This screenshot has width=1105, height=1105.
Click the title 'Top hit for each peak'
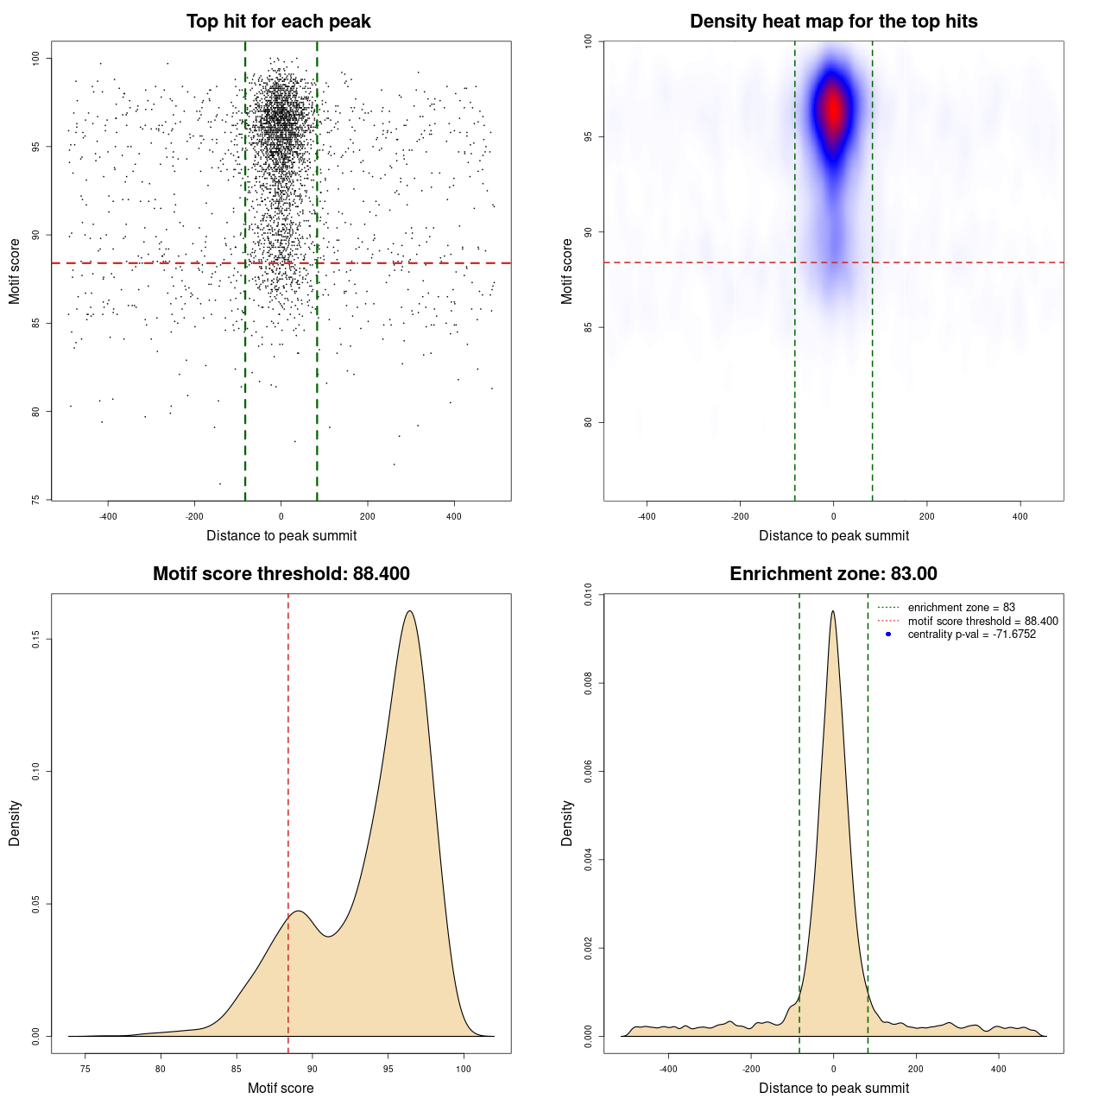(278, 22)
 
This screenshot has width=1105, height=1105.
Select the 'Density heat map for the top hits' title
(833, 22)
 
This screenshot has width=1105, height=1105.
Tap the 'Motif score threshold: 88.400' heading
(281, 574)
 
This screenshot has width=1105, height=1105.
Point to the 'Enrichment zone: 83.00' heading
(833, 574)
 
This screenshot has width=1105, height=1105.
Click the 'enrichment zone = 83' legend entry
(961, 608)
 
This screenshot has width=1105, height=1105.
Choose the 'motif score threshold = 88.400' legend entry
(982, 621)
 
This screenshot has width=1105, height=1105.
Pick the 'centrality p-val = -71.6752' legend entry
(971, 635)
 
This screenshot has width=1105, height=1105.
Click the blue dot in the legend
(888, 635)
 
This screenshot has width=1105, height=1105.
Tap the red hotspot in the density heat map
(833, 109)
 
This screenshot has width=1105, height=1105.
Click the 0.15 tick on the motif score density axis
(36, 639)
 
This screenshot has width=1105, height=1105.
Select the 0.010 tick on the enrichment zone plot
(589, 595)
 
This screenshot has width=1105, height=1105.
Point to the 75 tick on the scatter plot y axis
(36, 499)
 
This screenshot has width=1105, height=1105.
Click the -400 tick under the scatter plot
(108, 516)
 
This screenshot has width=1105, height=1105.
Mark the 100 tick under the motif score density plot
(464, 1069)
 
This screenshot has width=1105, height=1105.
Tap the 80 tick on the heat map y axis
(589, 422)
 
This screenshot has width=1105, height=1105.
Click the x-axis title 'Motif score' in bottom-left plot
(281, 1088)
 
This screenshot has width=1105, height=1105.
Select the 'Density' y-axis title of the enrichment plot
(567, 823)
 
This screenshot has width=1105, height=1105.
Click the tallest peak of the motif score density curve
(409, 611)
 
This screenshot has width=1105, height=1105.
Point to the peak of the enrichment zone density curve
(833, 611)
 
